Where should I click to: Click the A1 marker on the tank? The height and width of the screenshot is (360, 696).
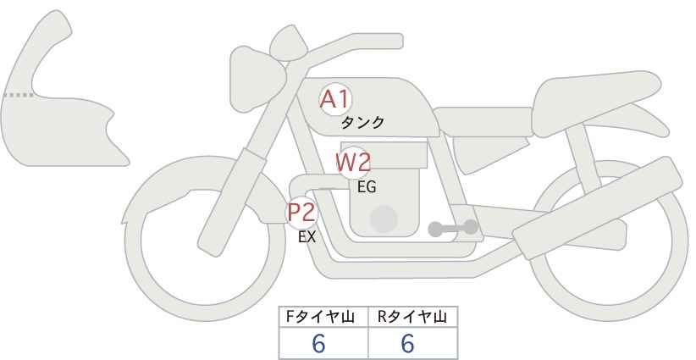(335, 99)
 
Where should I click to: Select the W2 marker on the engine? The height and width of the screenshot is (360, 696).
(354, 163)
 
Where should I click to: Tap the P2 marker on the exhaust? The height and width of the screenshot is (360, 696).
(302, 213)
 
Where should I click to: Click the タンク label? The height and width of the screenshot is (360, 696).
(362, 123)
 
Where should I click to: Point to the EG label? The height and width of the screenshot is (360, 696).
(367, 187)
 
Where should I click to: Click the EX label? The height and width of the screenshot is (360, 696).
(307, 237)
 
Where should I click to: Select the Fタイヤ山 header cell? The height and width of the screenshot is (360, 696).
(323, 317)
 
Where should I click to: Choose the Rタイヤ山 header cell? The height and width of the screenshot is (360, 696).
(413, 317)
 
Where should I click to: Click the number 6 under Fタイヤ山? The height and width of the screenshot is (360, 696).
(318, 343)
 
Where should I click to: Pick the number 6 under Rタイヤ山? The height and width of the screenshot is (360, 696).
(407, 343)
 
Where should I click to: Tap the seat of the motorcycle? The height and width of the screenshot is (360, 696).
(594, 103)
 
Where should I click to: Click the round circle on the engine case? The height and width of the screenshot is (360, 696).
(384, 219)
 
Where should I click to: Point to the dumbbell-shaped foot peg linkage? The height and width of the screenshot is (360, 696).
(453, 228)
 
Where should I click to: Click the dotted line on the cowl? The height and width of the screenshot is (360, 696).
(19, 95)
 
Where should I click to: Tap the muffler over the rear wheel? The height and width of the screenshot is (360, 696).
(598, 208)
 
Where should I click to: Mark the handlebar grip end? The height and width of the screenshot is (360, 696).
(396, 42)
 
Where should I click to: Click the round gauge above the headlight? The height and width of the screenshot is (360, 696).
(289, 44)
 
